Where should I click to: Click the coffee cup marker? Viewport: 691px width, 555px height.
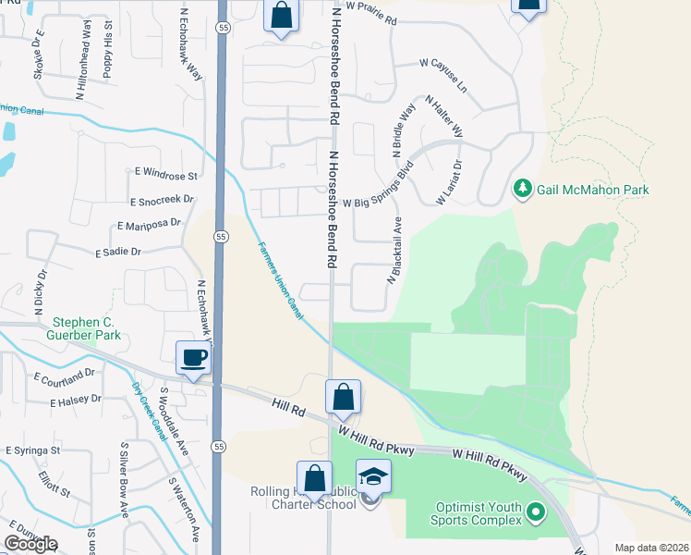point(192,357)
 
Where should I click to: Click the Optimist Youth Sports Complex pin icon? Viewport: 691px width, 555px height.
point(534,511)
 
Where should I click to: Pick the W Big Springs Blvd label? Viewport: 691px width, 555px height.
point(377,188)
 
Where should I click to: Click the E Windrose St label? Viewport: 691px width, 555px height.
point(166,175)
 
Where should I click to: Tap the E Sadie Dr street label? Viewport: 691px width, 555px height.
point(117,252)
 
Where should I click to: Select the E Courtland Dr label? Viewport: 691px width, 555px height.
point(64,376)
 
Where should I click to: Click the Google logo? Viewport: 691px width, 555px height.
point(30,543)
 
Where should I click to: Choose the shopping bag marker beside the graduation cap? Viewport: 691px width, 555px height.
point(314,478)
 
